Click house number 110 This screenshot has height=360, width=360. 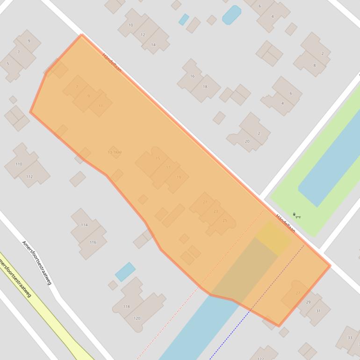(19, 164)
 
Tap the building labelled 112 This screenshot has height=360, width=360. (29, 176)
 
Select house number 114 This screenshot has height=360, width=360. (84, 225)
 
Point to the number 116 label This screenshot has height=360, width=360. (93, 242)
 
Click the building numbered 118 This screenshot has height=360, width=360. (126, 306)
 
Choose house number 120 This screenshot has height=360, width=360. (137, 318)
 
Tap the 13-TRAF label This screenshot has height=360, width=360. (115, 152)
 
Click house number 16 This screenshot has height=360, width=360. (192, 76)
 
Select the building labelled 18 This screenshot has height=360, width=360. (205, 86)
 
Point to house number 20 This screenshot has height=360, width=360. (247, 141)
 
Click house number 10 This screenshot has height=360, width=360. (130, 25)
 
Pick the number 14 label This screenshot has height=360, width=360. (153, 45)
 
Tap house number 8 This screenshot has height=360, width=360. (315, 65)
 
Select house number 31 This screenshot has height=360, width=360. (318, 311)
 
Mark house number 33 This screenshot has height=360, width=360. (350, 338)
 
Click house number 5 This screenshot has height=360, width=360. (7, 64)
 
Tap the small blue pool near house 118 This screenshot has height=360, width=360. (125, 271)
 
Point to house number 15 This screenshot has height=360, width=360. (158, 158)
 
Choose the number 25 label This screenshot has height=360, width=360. (225, 220)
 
